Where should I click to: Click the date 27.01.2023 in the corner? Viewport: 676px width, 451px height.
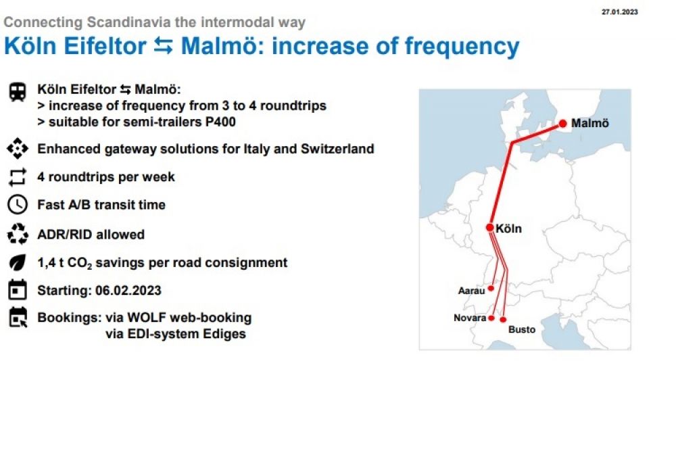(619, 11)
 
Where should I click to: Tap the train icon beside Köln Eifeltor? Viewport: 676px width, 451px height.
(18, 92)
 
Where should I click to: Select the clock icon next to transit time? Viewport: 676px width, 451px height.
(18, 204)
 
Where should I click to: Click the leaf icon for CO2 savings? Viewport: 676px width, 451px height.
(18, 262)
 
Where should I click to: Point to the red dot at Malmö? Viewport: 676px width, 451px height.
(562, 123)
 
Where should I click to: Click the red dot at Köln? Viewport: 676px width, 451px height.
(489, 227)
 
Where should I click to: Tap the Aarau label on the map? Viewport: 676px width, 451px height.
(471, 291)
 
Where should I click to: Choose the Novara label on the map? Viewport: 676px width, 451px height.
(470, 318)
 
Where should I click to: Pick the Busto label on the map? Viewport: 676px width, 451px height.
(522, 329)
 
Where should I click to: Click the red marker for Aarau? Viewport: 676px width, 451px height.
(491, 288)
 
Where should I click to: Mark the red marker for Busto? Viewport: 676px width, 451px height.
(503, 320)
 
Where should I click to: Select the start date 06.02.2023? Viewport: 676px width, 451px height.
(128, 290)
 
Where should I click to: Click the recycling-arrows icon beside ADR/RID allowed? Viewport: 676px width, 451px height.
(18, 234)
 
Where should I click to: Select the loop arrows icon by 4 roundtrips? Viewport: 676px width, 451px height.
(18, 176)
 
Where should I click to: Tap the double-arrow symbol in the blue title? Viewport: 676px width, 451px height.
(164, 46)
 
